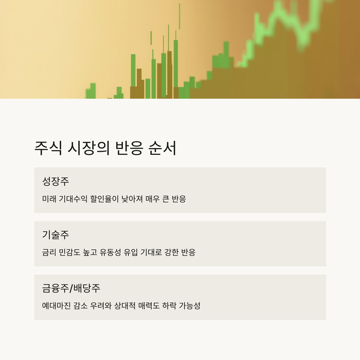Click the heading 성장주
pyautogui.click(x=55, y=182)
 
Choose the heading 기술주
pyautogui.click(x=55, y=235)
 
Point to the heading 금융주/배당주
pyautogui.click(x=74, y=289)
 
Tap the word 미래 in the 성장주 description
pyautogui.click(x=49, y=199)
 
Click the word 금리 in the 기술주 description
pyautogui.click(x=49, y=253)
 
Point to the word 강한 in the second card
pyautogui.click(x=167, y=253)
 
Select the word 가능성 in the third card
pyautogui.click(x=189, y=306)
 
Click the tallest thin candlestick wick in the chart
pyautogui.click(x=179, y=16)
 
